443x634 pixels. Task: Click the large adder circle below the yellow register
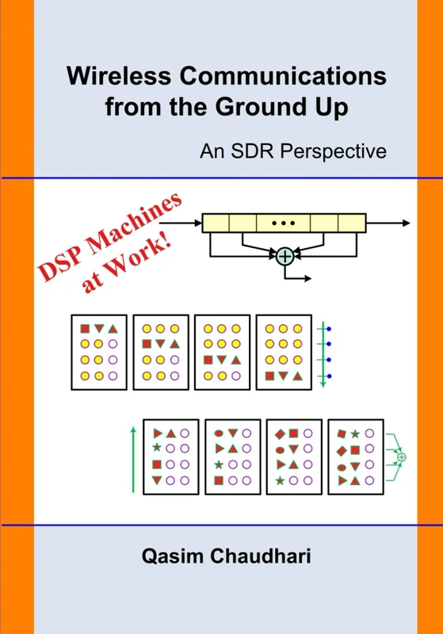(285, 255)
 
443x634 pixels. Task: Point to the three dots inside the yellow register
(283, 223)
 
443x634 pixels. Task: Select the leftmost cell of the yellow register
(216, 223)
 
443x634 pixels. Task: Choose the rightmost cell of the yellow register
(351, 223)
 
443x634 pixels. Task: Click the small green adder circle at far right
(402, 457)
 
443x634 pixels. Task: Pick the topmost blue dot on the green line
(330, 329)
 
